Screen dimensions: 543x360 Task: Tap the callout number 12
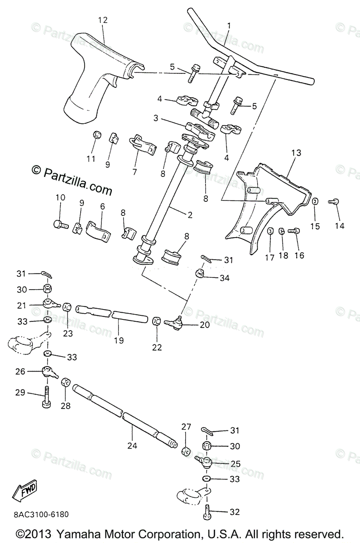pyautogui.click(x=103, y=20)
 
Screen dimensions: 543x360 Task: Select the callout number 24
pyautogui.click(x=132, y=445)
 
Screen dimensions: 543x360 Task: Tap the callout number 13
pyautogui.click(x=296, y=153)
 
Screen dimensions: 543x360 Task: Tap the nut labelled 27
pyautogui.click(x=185, y=451)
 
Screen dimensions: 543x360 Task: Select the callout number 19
pyautogui.click(x=118, y=340)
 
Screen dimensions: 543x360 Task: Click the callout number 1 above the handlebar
pyautogui.click(x=229, y=26)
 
